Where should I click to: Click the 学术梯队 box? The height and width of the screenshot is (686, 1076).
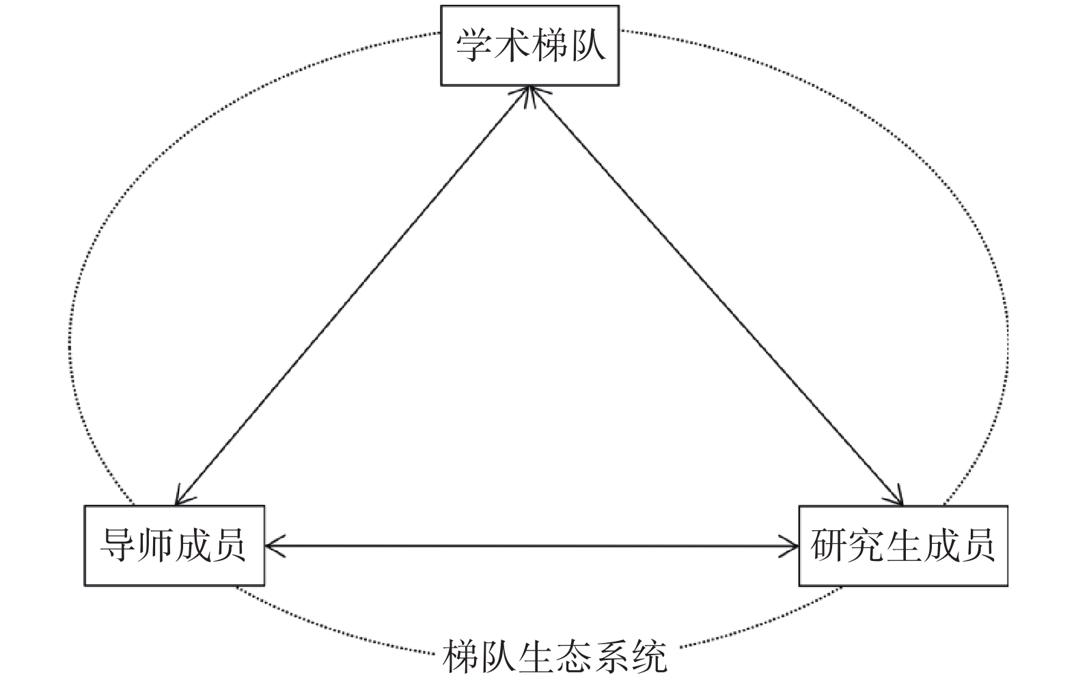(529, 45)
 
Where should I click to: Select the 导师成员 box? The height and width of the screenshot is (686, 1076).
(174, 545)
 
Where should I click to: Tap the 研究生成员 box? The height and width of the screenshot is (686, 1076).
(902, 545)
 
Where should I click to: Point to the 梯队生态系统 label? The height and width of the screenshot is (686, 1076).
(554, 657)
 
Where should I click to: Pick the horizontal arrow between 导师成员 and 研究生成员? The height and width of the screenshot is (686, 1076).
(532, 545)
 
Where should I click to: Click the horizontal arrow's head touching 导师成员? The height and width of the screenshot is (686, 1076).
(272, 545)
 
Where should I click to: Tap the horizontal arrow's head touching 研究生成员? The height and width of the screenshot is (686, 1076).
(791, 545)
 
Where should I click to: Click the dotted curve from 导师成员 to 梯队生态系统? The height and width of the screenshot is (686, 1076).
(328, 629)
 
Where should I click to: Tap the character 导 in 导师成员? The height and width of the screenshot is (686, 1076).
(118, 545)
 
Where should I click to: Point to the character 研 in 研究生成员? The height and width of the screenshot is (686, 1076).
(829, 545)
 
